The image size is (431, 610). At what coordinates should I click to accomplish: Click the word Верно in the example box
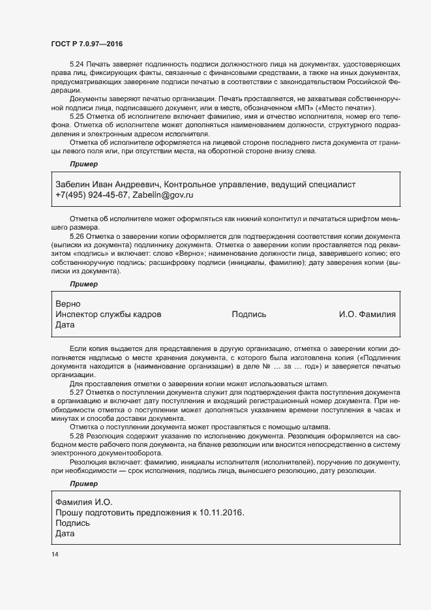point(68,304)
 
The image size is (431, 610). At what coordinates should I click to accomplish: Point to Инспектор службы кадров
point(109,314)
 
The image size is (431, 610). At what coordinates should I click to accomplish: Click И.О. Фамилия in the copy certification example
point(367,314)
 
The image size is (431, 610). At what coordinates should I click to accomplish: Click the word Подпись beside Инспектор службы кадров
point(249,314)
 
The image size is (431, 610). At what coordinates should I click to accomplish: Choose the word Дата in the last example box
point(66,534)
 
